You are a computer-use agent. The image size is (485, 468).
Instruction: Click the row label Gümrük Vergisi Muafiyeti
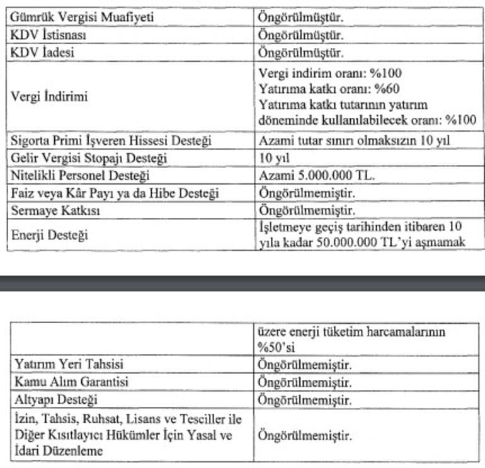81,17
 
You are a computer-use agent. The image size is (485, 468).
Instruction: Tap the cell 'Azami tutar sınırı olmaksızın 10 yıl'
357,140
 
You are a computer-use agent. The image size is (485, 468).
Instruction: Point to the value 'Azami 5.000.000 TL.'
316,176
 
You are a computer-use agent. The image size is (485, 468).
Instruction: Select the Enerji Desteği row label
49,235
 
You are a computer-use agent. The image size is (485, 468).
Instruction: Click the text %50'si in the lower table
278,346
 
